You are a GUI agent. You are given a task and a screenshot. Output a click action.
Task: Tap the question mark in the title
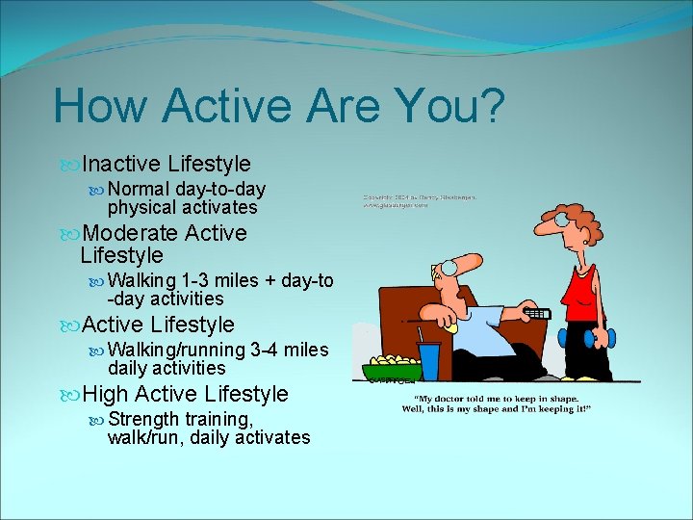pos(489,106)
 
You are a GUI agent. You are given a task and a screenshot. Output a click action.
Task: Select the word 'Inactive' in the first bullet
pos(120,165)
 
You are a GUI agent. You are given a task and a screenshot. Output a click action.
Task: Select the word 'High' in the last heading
pos(106,394)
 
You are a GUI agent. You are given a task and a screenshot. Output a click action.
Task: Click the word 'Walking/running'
pos(176,350)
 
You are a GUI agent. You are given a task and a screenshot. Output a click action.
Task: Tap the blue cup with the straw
pos(428,358)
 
